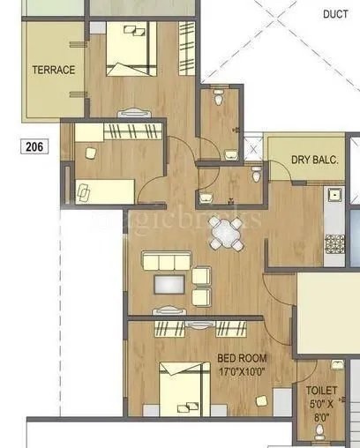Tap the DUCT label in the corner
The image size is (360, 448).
[x=335, y=14]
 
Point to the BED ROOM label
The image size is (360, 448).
[x=242, y=358]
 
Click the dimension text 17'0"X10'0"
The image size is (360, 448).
[x=242, y=370]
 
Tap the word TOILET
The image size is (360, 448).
[x=321, y=388]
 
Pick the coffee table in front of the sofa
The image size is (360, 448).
[x=167, y=284]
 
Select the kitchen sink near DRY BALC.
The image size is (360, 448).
[x=334, y=196]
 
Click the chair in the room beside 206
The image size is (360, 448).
[x=90, y=152]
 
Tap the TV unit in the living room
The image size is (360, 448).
[x=167, y=309]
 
